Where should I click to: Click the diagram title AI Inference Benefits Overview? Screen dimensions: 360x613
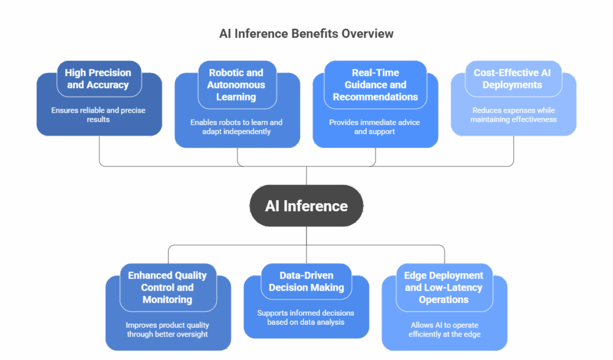(x=306, y=34)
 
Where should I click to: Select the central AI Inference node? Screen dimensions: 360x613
(x=306, y=206)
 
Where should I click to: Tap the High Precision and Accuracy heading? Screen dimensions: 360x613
(x=98, y=78)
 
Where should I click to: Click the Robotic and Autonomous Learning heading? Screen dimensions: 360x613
(x=236, y=84)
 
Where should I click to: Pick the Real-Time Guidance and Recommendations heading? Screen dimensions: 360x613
(x=375, y=84)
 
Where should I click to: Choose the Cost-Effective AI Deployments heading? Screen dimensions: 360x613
(x=513, y=78)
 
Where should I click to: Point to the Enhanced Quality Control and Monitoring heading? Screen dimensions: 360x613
(x=167, y=287)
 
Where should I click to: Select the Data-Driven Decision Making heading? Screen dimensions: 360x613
(x=306, y=281)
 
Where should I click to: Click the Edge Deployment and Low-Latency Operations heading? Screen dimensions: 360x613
(x=444, y=287)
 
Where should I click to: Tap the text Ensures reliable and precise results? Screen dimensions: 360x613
(x=98, y=114)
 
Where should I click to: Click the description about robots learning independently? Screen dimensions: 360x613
(x=236, y=126)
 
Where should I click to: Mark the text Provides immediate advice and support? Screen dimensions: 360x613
(x=375, y=126)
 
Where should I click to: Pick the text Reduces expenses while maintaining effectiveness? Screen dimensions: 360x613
(x=513, y=114)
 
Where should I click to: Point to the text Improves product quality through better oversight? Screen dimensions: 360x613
(x=167, y=329)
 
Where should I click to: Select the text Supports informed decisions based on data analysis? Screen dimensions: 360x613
(x=306, y=317)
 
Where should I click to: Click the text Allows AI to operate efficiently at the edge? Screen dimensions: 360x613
(x=444, y=329)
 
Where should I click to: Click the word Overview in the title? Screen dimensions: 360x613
(x=367, y=34)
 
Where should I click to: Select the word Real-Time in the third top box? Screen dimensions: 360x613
(x=375, y=72)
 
